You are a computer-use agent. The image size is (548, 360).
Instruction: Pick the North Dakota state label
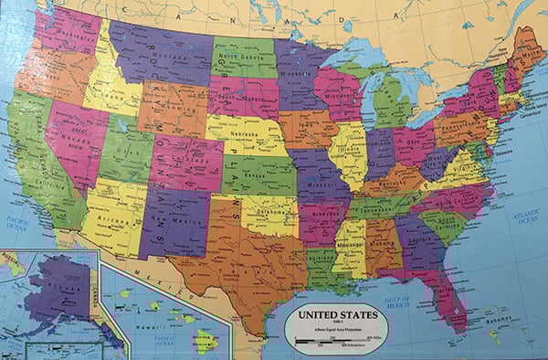[x=242, y=53]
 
